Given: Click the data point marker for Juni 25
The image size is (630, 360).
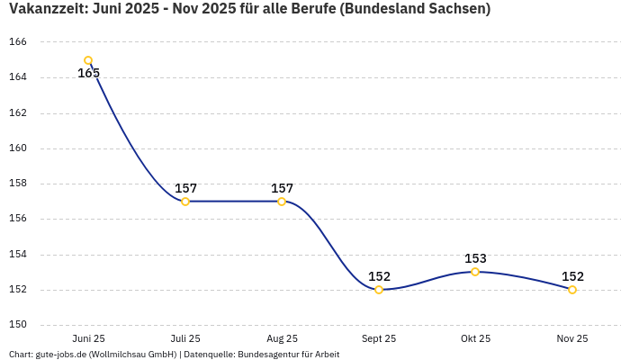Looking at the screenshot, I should [88, 61].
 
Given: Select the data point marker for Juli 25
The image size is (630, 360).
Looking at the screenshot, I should [185, 202].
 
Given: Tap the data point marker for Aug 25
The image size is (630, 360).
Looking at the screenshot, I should [282, 202].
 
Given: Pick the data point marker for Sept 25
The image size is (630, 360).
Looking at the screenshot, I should [379, 290].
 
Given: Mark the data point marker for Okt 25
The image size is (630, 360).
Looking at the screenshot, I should [475, 272].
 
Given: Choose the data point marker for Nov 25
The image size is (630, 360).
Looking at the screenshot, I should [572, 290].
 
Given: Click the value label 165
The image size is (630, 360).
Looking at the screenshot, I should [88, 74].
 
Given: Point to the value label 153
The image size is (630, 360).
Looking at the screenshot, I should [475, 258].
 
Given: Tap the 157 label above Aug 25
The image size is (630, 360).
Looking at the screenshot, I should [282, 188].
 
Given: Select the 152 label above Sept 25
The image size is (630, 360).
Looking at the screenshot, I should [379, 276].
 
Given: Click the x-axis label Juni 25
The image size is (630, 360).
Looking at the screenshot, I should [88, 338].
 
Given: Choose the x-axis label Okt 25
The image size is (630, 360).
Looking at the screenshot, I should [475, 338].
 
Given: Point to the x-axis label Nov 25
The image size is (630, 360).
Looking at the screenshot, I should [572, 338].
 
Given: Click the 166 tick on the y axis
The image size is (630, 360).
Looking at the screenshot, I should [18, 42].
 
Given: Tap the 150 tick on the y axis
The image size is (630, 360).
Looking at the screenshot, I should [18, 325].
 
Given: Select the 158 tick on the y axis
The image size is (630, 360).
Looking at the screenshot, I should [18, 184].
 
